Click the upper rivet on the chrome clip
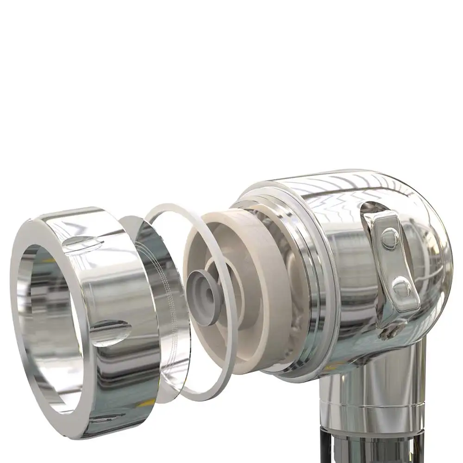[390, 238]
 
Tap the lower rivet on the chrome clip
[401, 288]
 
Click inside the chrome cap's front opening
[51, 324]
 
